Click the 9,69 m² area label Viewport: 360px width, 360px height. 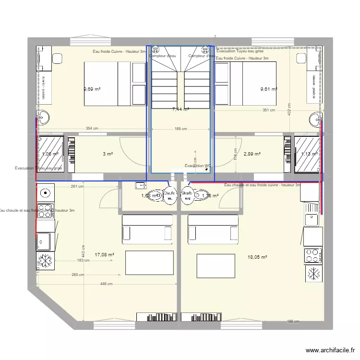[x=92, y=89]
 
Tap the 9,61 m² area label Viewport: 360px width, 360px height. [x=268, y=89]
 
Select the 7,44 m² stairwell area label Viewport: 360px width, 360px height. [x=180, y=109]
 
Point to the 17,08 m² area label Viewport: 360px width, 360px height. [x=104, y=255]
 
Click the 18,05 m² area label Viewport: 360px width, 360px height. [x=257, y=257]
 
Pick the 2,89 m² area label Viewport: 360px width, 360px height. [x=252, y=154]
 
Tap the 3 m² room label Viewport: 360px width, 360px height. [x=108, y=154]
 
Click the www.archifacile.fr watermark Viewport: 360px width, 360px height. [x=329, y=351]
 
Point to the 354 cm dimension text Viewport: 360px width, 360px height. [x=92, y=128]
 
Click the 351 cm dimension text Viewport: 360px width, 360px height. [x=269, y=110]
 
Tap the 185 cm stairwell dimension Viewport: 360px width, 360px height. [x=180, y=129]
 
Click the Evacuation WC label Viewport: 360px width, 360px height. [x=198, y=166]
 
